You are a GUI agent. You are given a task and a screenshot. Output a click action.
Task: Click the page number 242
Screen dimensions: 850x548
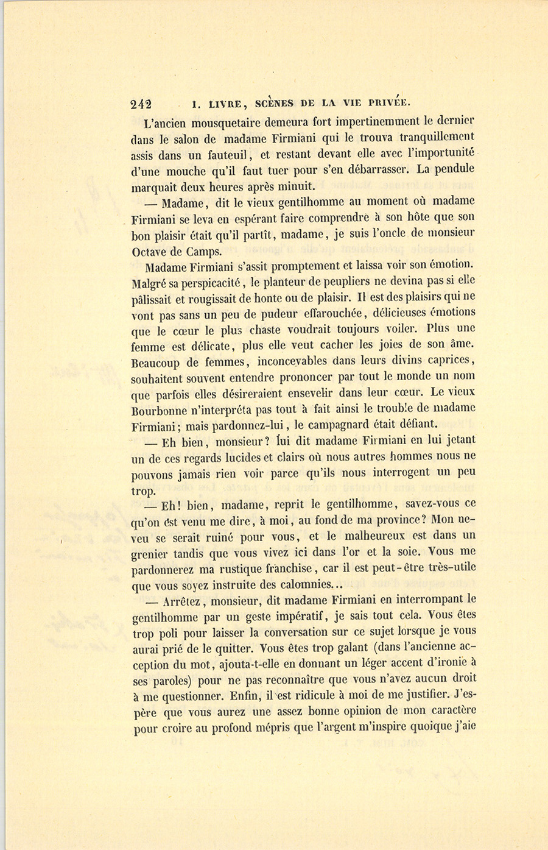[141, 104]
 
